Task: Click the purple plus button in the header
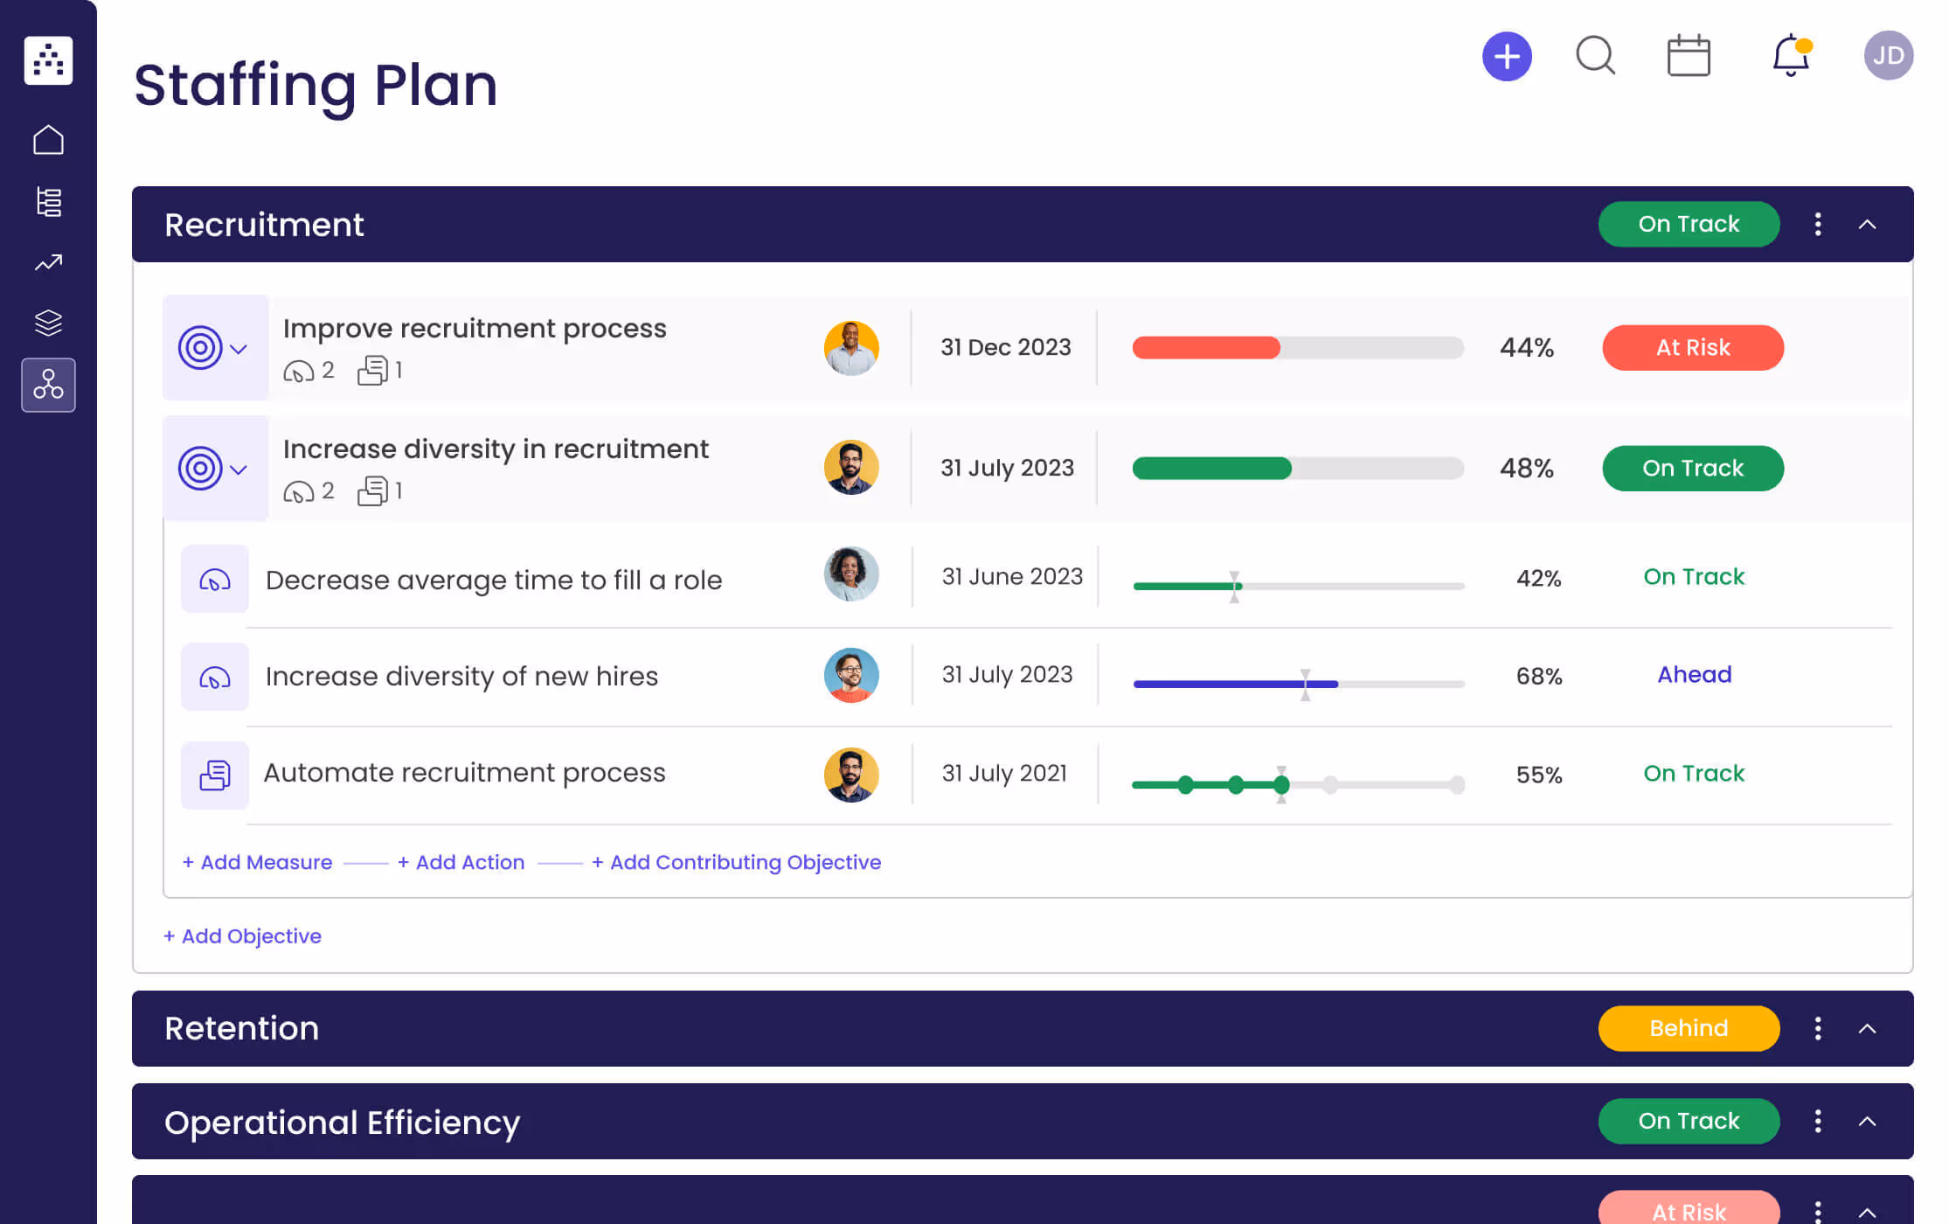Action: pyautogui.click(x=1507, y=57)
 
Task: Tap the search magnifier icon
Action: pyautogui.click(x=1595, y=56)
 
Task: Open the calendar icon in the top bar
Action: pyautogui.click(x=1689, y=56)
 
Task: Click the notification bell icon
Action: pyautogui.click(x=1790, y=56)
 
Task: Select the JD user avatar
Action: pyautogui.click(x=1888, y=56)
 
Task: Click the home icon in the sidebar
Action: pyautogui.click(x=48, y=140)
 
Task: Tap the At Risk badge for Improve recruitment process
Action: pyautogui.click(x=1692, y=348)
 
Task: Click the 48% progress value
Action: pyautogui.click(x=1526, y=469)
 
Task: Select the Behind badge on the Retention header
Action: pyautogui.click(x=1688, y=1028)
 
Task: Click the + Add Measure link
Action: pyautogui.click(x=258, y=862)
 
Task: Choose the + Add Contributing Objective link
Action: pyautogui.click(x=736, y=862)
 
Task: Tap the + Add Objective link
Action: pyautogui.click(x=243, y=936)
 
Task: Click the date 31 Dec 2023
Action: pyautogui.click(x=1005, y=347)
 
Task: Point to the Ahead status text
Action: pyautogui.click(x=1694, y=675)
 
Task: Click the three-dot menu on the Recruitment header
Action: pyautogui.click(x=1818, y=225)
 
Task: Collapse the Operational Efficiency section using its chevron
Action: pyautogui.click(x=1867, y=1122)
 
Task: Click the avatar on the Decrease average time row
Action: pyautogui.click(x=850, y=574)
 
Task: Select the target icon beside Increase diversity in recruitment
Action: pyautogui.click(x=201, y=469)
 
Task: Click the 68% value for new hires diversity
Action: pyautogui.click(x=1538, y=677)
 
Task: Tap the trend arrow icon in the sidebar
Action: pyautogui.click(x=48, y=262)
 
